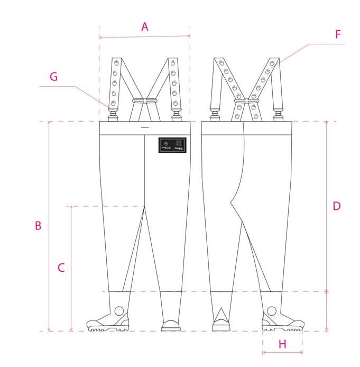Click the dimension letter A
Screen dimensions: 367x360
tap(144, 26)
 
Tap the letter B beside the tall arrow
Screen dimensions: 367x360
tap(38, 225)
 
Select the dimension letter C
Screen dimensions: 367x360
tap(61, 268)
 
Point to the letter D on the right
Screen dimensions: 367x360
tap(337, 206)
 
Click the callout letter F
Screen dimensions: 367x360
tap(338, 35)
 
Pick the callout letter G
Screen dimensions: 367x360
tap(53, 77)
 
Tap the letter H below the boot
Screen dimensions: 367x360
tap(282, 344)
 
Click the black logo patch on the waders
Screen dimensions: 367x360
tap(172, 145)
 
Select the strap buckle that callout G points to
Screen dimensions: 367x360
tap(113, 113)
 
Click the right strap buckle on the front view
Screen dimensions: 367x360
tap(176, 113)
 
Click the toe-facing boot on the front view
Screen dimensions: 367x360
tap(170, 324)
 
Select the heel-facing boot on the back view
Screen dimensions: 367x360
tap(220, 322)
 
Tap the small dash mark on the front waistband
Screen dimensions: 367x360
tap(145, 128)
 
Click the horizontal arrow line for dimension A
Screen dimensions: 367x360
tap(144, 37)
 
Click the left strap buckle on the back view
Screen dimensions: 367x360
tap(215, 113)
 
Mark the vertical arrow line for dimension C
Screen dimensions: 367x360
tap(71, 268)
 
